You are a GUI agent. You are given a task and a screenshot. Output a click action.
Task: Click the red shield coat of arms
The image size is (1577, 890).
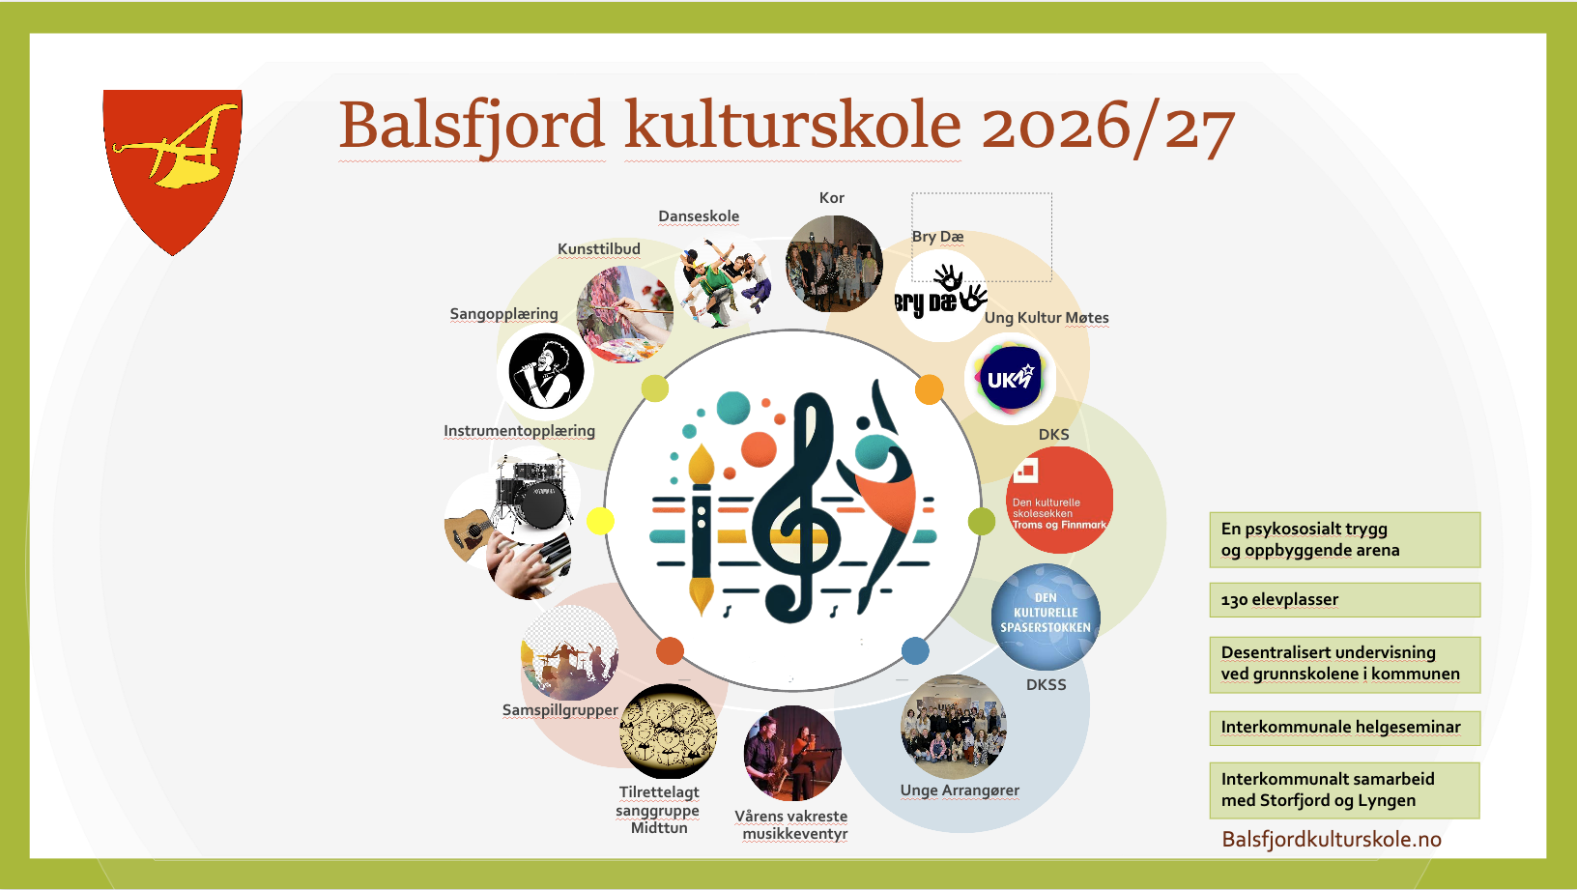click(x=172, y=169)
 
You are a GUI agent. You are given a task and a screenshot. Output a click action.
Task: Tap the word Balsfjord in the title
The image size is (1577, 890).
click(x=472, y=127)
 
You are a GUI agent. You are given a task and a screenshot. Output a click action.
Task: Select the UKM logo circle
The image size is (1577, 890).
click(x=1011, y=379)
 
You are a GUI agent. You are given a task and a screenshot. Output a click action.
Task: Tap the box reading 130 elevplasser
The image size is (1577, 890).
click(x=1345, y=600)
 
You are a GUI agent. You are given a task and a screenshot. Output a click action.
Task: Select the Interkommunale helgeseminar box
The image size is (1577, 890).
click(x=1345, y=728)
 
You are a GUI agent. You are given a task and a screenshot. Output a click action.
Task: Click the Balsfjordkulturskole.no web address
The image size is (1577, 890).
click(x=1332, y=840)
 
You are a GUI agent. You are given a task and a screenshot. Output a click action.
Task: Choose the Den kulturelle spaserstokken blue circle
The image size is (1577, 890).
click(x=1046, y=617)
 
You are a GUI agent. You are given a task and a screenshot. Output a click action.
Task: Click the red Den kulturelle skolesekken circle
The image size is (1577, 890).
click(x=1059, y=500)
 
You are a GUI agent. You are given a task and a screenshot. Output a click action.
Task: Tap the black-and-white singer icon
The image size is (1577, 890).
click(x=546, y=371)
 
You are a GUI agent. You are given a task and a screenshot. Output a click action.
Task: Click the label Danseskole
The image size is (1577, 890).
click(x=699, y=216)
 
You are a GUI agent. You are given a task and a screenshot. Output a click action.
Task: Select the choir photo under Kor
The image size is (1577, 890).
click(x=834, y=264)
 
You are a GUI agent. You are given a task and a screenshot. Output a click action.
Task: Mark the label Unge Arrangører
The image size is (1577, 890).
click(x=960, y=790)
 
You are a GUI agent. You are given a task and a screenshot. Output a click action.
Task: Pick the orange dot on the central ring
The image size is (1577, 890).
click(x=930, y=389)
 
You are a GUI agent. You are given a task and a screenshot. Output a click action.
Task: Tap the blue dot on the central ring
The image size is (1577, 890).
click(x=915, y=650)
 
